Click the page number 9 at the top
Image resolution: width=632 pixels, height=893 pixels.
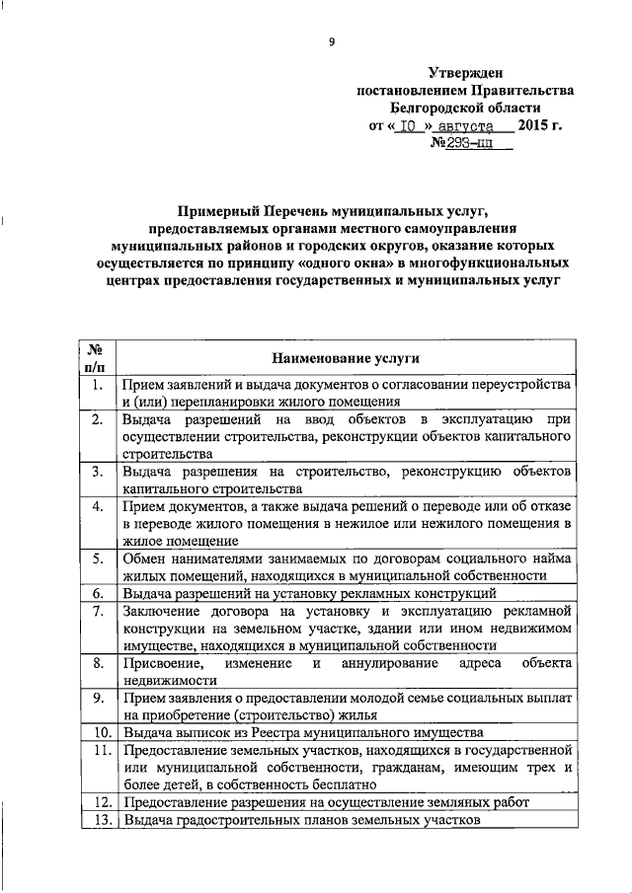coord(332,41)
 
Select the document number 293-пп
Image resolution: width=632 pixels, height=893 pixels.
coord(470,144)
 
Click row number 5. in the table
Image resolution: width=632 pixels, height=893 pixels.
coord(97,559)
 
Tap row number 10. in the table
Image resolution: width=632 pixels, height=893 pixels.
coord(97,733)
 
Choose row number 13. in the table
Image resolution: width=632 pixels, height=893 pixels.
coord(97,820)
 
